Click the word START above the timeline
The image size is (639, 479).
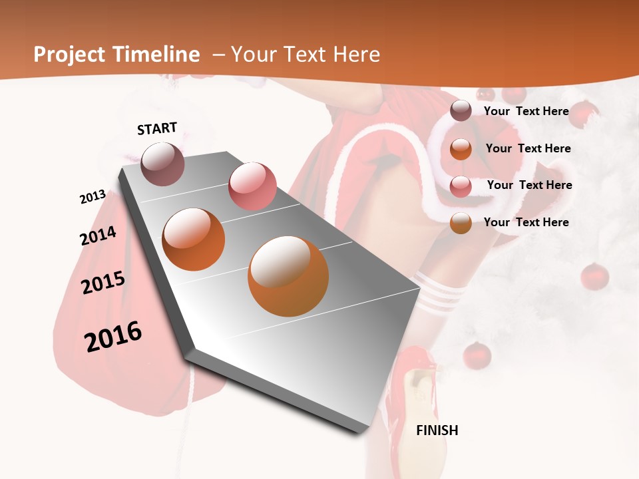pos(157,128)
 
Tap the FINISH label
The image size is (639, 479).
pos(437,430)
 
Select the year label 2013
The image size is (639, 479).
pos(93,197)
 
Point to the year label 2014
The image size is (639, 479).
pos(98,236)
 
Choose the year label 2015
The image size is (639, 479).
pos(103,283)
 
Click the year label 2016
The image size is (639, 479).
pos(113,336)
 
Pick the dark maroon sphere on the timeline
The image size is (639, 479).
pos(162,164)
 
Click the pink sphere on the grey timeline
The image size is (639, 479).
pos(252,186)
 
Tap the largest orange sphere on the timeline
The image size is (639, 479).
pos(288,275)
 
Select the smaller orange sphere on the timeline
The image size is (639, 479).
pos(193,239)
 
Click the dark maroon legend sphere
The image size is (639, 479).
pos(461,111)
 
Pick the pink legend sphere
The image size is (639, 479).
pos(461,186)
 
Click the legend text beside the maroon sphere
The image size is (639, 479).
pos(526,111)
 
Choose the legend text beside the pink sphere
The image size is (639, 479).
pos(529,185)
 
